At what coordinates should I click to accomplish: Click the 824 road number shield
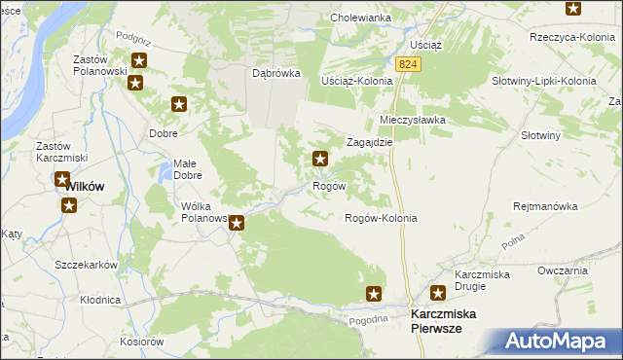click(x=408, y=63)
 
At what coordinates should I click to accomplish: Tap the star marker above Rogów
click(x=318, y=158)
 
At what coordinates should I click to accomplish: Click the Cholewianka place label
click(x=360, y=18)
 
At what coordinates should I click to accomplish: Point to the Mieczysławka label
click(x=412, y=120)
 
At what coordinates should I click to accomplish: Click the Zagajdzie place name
click(x=370, y=141)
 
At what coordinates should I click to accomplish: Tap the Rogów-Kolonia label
click(x=382, y=218)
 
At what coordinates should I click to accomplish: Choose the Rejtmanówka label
click(x=545, y=206)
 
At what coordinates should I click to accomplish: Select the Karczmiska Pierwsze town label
click(x=449, y=322)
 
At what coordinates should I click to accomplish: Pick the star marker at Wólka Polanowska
click(x=237, y=223)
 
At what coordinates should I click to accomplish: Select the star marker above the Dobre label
click(x=179, y=104)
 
